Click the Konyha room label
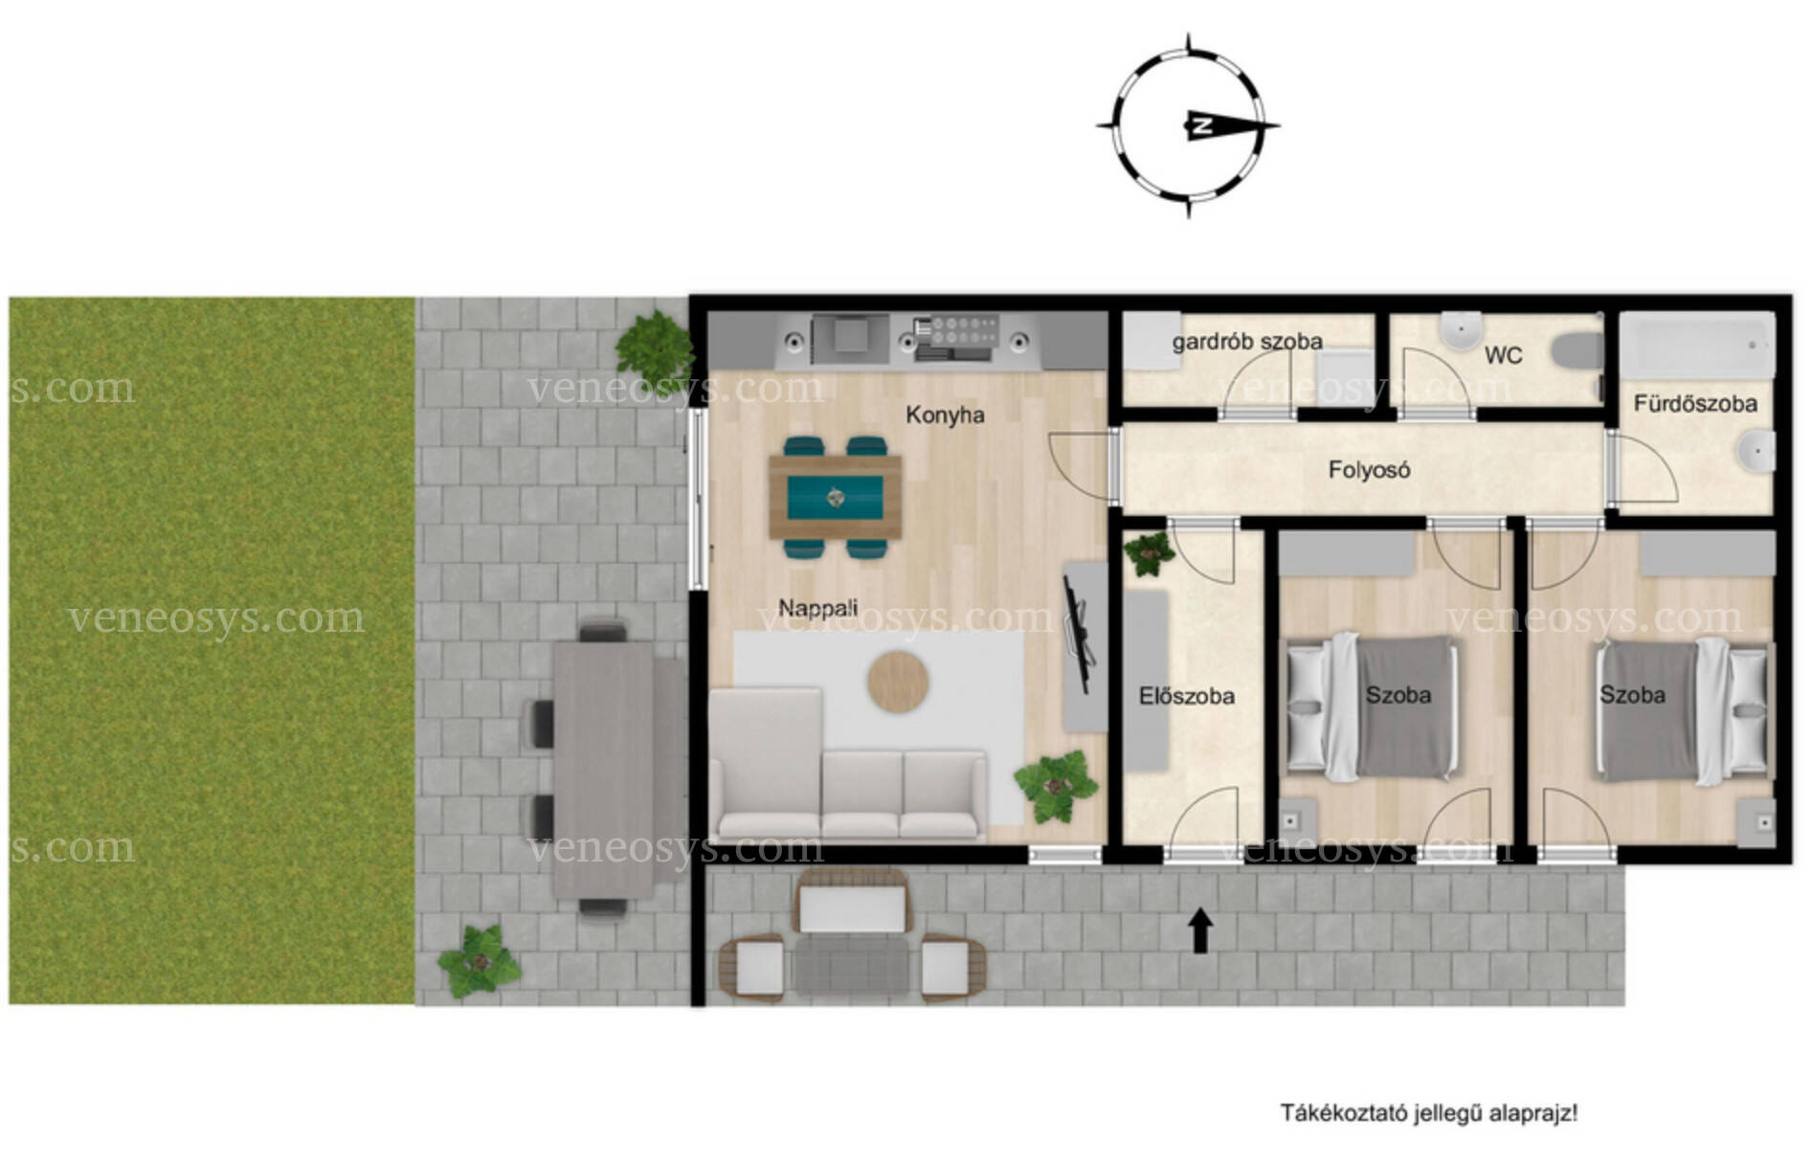coord(945,415)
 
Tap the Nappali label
coord(817,608)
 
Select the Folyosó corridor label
coord(1369,470)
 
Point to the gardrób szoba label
coord(1247,342)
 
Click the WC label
coord(1503,356)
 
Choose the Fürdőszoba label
coord(1695,404)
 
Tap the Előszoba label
coord(1187,696)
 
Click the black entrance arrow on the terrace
coord(1200,931)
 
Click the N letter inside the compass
coord(1201,124)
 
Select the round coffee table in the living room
coord(898,682)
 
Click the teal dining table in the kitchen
coord(835,497)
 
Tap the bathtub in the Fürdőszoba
coord(1698,346)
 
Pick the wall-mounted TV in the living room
coord(1076,633)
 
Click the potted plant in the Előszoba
coord(1148,553)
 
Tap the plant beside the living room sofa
coord(1056,786)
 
